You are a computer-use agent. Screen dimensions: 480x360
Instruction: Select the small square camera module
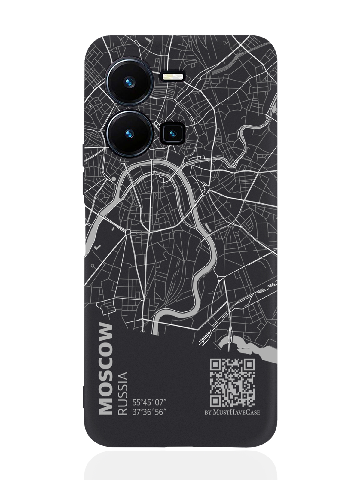(172, 133)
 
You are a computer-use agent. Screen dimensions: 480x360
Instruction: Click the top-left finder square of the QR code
(215, 365)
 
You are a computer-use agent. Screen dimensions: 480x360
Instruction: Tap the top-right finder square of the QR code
(250, 365)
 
